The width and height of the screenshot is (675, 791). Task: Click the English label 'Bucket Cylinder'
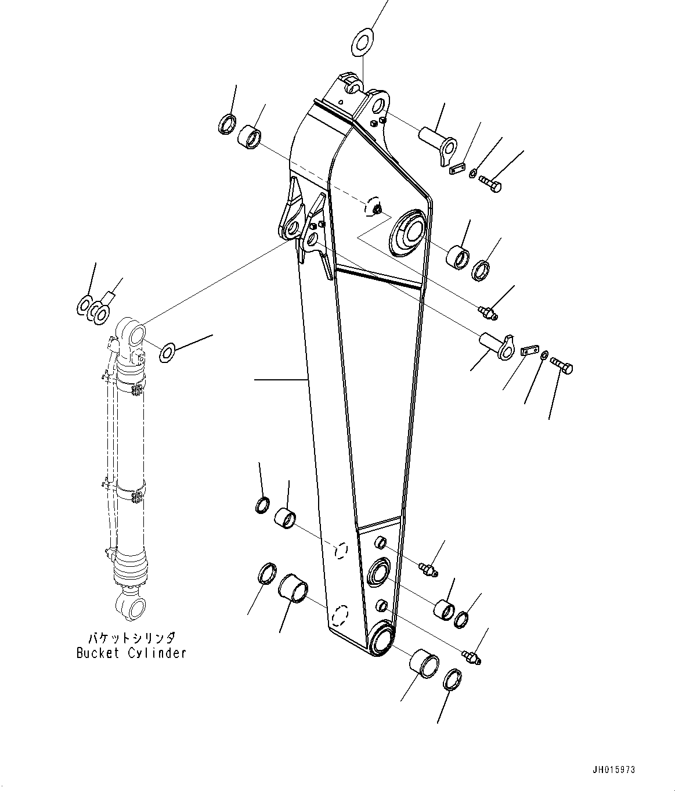(131, 653)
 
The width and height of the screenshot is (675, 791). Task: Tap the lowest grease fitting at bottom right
(473, 656)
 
